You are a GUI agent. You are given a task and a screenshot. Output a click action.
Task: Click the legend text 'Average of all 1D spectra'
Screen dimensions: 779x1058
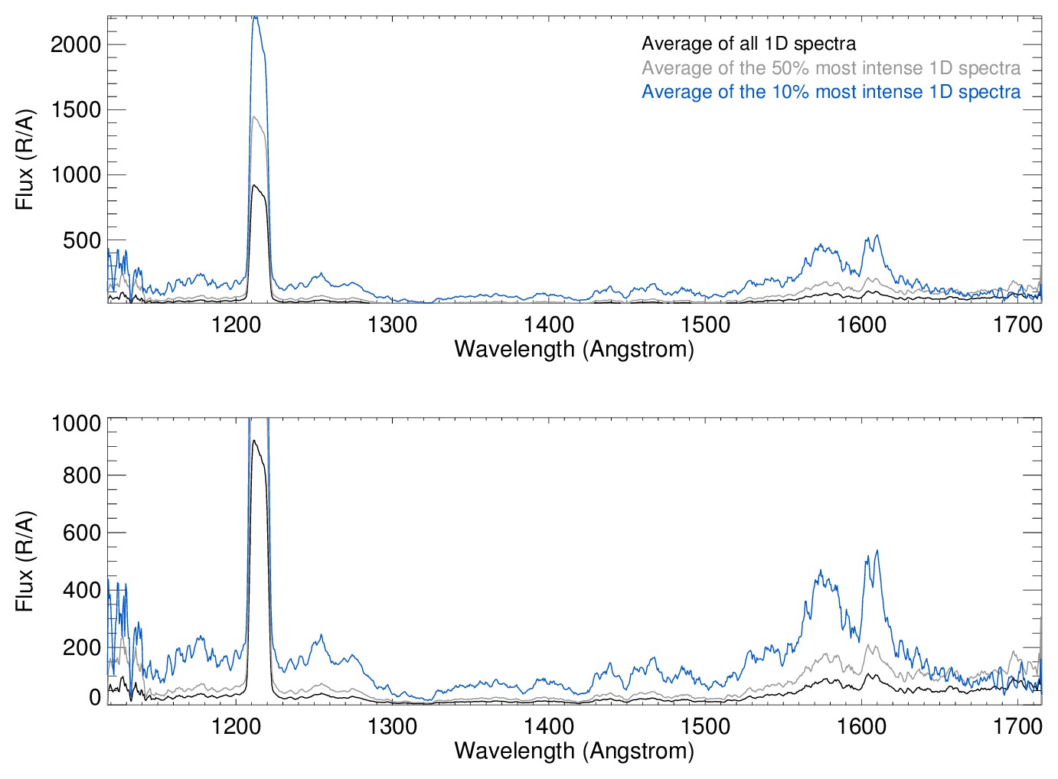[748, 44]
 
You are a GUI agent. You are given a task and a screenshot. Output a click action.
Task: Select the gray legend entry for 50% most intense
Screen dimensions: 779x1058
[831, 68]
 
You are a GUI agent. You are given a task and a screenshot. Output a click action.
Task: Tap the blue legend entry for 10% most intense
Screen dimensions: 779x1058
[831, 92]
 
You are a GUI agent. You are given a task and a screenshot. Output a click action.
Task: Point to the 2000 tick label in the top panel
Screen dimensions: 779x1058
[76, 44]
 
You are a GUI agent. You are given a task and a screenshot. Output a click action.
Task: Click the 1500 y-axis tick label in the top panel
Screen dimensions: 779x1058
[76, 110]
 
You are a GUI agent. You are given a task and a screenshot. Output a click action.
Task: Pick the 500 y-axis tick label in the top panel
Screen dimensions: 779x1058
[82, 241]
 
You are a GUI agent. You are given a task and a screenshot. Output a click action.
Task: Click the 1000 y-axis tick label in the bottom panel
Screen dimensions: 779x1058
[76, 423]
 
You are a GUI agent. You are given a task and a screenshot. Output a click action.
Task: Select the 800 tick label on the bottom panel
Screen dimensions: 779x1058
[82, 475]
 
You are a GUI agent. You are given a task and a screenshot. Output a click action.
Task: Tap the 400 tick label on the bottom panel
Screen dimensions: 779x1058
[82, 590]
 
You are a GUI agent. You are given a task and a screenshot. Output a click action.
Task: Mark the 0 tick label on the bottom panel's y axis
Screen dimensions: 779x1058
[95, 697]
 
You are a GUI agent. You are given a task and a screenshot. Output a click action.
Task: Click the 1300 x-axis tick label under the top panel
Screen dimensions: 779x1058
[393, 325]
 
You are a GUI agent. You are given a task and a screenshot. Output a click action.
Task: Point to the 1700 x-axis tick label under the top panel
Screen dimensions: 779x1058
[1018, 325]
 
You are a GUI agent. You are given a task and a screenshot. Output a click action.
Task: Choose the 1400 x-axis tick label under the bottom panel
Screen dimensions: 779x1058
[549, 725]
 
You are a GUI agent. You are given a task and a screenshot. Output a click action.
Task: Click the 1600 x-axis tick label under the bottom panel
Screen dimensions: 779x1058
[862, 725]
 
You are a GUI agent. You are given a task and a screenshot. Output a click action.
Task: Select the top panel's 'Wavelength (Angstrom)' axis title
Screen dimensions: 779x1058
[574, 350]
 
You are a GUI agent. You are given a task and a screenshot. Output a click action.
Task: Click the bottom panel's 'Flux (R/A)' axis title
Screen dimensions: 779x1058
[24, 562]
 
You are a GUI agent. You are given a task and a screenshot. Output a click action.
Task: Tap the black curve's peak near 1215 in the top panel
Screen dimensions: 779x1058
[255, 185]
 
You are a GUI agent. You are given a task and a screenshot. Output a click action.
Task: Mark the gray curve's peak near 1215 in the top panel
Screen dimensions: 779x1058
[255, 117]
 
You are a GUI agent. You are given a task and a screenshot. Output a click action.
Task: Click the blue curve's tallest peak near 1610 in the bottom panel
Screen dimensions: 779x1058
[877, 551]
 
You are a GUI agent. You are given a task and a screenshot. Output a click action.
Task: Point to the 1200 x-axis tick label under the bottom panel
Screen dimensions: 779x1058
[237, 725]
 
